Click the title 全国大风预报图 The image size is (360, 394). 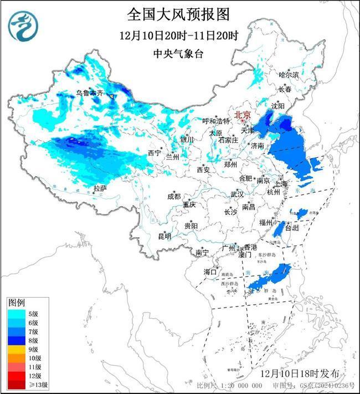point(178,14)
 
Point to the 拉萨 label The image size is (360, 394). point(100,189)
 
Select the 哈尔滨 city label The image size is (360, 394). point(289,74)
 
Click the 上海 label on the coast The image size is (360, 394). point(281,183)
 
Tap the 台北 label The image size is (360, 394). point(291,227)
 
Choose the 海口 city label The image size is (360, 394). point(210,272)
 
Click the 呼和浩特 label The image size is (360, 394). point(216,121)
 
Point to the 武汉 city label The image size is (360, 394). point(238,195)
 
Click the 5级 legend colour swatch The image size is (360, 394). point(15,314)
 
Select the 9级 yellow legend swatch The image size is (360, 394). point(15,350)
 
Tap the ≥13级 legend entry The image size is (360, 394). point(22,385)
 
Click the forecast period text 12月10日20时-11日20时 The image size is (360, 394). point(178,35)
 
